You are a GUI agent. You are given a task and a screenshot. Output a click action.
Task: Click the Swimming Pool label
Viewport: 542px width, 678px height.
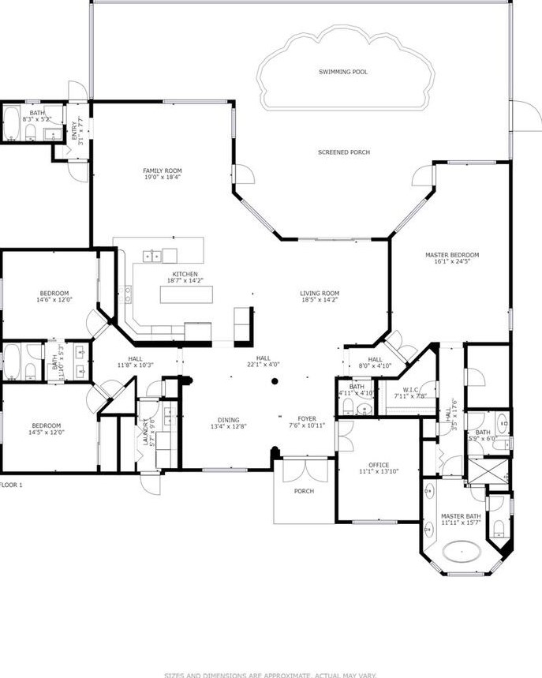click(343, 72)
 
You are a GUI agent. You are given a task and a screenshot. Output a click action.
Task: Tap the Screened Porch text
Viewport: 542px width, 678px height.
click(344, 152)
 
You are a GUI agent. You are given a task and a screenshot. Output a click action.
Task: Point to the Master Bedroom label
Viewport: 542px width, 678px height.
click(452, 255)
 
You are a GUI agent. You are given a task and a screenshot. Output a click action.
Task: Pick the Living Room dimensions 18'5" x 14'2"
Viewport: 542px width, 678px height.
click(320, 300)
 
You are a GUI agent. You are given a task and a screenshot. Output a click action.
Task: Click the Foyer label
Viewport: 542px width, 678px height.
click(306, 418)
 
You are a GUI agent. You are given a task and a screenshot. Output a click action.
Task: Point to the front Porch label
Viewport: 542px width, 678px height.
click(304, 491)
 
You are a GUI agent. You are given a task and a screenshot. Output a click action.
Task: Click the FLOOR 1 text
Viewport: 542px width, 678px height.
click(11, 485)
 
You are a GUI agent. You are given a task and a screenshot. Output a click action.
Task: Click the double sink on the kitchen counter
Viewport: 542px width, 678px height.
click(152, 255)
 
